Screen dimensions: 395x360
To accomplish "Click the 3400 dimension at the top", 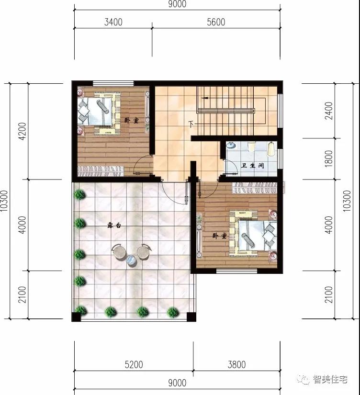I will pos(112,22).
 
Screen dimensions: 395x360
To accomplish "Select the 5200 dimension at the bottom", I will pos(134,365).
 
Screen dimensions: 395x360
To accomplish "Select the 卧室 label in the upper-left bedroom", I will pos(131,121).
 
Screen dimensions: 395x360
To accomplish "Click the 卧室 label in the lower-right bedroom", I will pos(220,236).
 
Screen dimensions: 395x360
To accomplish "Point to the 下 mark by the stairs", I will pos(191,124).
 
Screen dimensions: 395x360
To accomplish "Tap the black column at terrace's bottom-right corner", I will pos(191,316).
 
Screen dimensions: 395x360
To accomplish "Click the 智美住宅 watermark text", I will pos(330,380).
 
